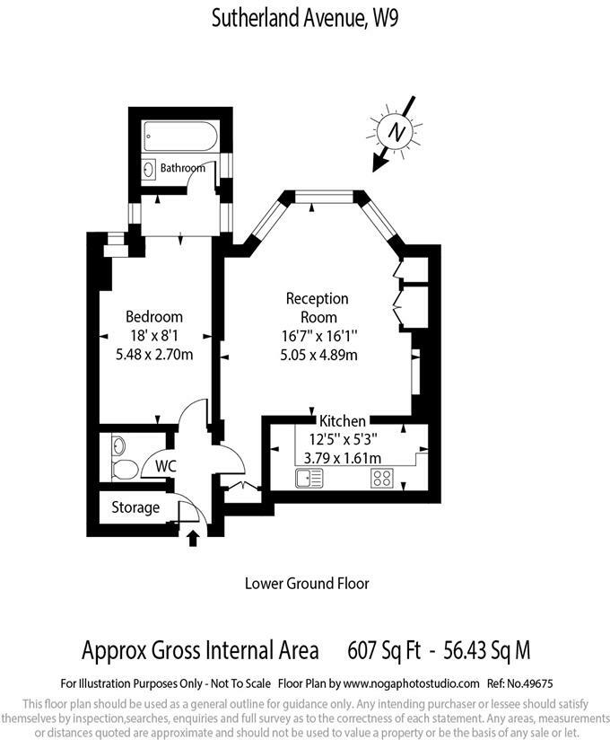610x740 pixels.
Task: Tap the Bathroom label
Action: coord(183,168)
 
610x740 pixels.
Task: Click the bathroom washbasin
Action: coord(148,167)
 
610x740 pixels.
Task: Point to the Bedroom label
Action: coord(154,317)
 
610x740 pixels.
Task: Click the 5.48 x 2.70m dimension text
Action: coord(154,354)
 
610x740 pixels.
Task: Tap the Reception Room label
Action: coord(318,307)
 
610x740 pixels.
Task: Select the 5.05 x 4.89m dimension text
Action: coord(318,354)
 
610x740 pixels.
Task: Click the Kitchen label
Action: coord(343,421)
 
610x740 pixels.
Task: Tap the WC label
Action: coord(165,466)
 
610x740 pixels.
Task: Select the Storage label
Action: coord(135,507)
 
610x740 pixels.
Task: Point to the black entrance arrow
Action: coord(193,539)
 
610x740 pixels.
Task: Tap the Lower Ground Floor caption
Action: coord(307,584)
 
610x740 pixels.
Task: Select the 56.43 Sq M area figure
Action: coord(485,648)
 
